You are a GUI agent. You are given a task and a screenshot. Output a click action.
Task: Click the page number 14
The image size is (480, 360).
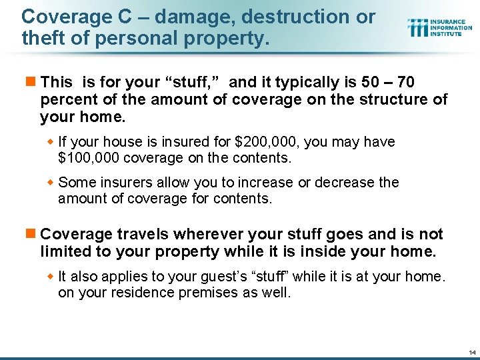(472, 351)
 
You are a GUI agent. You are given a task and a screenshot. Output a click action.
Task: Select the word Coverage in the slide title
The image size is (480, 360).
(57, 17)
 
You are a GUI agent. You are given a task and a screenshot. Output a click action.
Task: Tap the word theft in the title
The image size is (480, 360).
(40, 39)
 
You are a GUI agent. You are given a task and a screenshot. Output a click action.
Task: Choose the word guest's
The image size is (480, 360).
(235, 277)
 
